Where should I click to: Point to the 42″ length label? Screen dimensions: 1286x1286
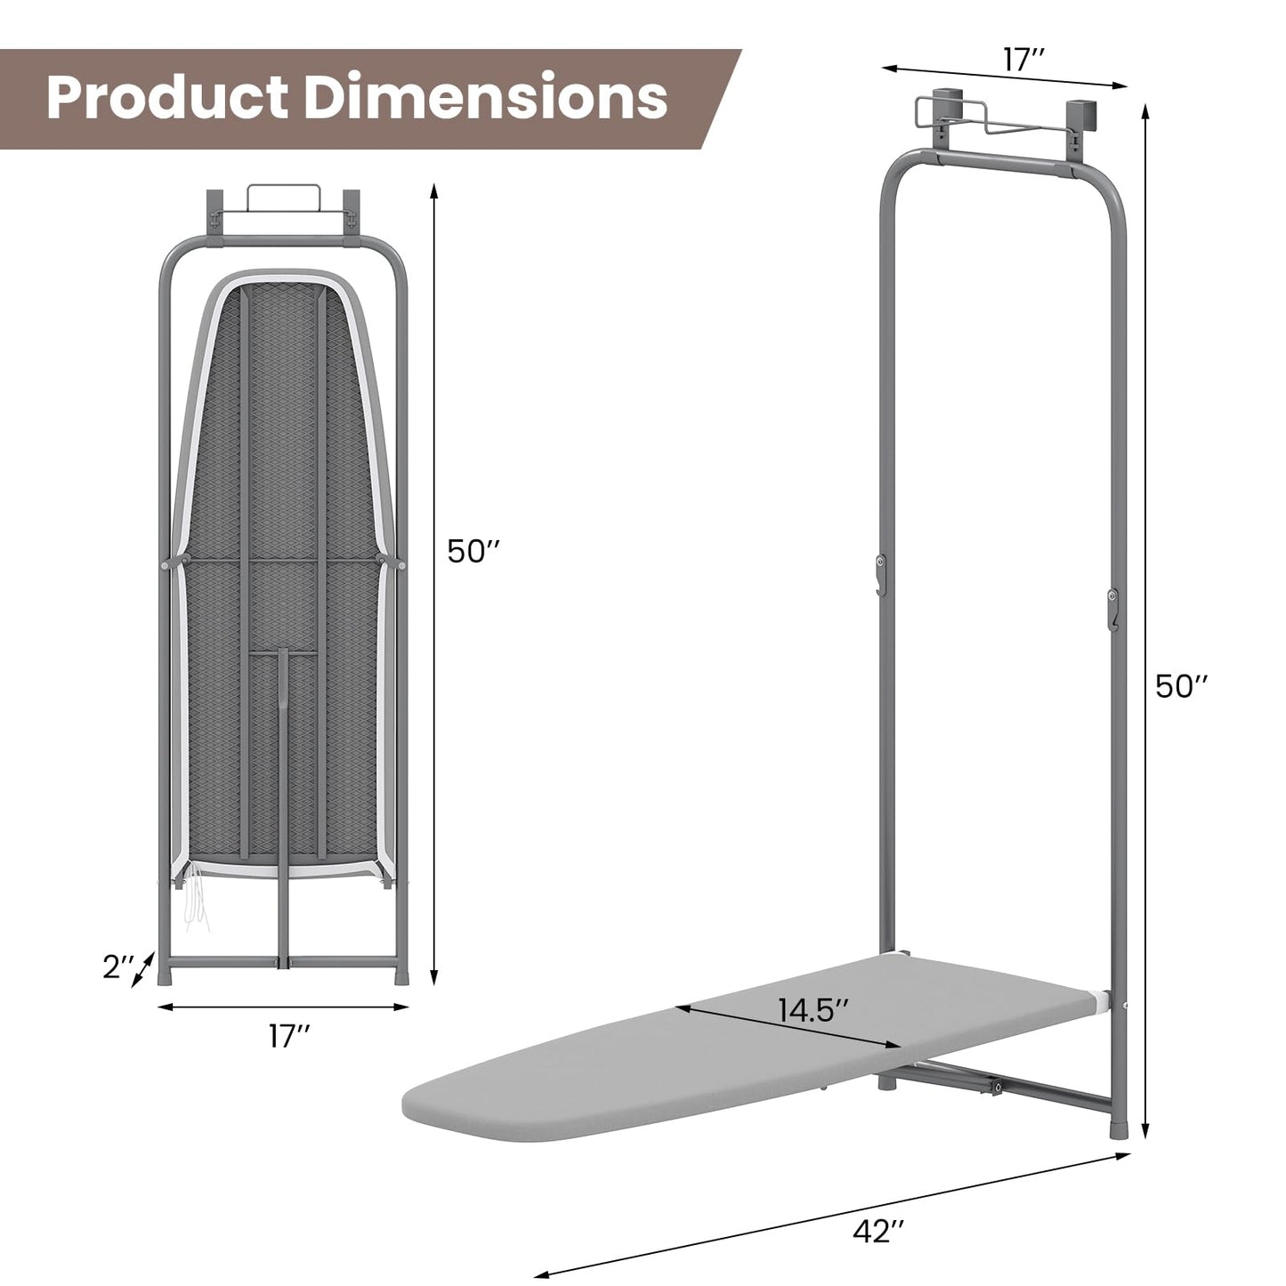(878, 1231)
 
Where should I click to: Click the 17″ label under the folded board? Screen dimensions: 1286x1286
(289, 1036)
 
